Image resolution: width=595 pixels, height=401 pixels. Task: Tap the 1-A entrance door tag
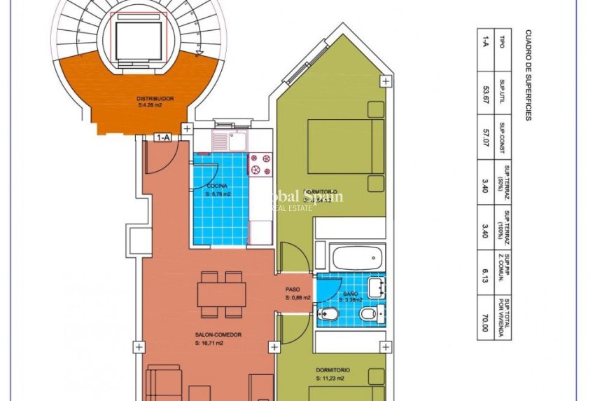163,138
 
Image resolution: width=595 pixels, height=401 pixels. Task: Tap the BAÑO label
351,294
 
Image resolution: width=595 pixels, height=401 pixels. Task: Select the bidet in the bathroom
369,314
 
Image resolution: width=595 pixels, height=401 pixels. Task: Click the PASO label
293,290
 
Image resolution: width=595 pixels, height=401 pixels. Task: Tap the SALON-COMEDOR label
218,335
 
